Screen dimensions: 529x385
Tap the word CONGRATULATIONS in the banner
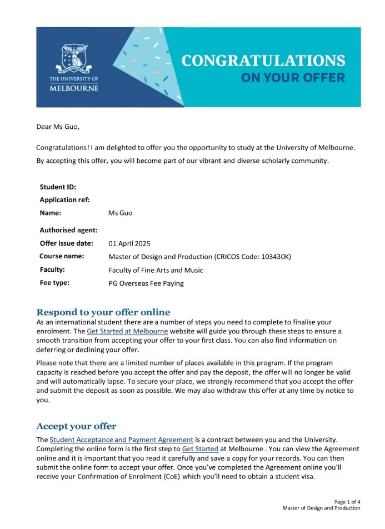coord(263,61)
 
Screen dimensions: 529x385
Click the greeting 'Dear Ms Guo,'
coord(58,127)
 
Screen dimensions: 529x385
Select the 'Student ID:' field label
coord(58,187)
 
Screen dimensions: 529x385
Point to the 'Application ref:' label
coord(64,199)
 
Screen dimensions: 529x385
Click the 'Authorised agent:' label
coord(68,229)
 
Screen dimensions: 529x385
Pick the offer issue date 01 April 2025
coord(129,243)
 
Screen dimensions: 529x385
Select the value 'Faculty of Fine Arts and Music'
coord(156,270)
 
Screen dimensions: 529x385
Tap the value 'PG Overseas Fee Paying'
coord(146,283)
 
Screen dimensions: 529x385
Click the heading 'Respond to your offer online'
coord(103,312)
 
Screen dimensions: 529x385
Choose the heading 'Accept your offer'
coord(76,426)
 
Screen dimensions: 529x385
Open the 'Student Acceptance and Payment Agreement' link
coord(121,440)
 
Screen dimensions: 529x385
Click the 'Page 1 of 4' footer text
coord(347,501)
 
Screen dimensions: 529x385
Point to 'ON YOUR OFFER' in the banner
coord(293,78)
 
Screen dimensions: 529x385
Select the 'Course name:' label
coord(62,256)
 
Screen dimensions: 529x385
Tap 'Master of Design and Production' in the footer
coord(321,508)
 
